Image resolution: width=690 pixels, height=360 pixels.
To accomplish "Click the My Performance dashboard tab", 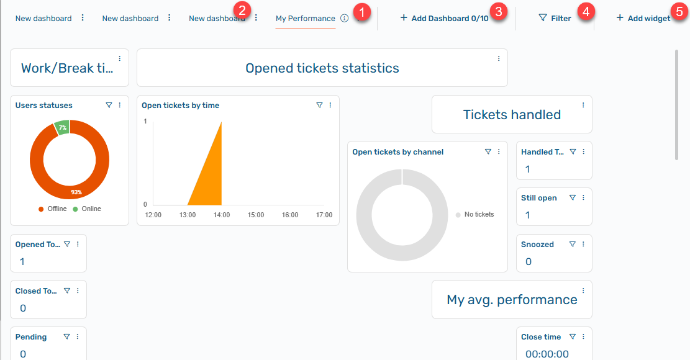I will pyautogui.click(x=305, y=19).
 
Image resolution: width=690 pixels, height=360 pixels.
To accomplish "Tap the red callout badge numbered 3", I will pyautogui.click(x=497, y=11).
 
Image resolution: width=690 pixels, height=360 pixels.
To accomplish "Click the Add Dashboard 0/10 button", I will pyautogui.click(x=445, y=19).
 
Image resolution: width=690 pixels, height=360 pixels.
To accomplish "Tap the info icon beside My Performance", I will pyautogui.click(x=344, y=19).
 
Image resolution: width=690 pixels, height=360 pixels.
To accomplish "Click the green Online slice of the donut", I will pyautogui.click(x=61, y=127).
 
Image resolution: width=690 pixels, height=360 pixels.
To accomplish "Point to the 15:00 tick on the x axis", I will pyautogui.click(x=256, y=215).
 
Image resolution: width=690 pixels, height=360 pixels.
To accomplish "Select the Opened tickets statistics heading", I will pyautogui.click(x=322, y=68).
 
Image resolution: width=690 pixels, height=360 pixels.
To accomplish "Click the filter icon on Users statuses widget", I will pyautogui.click(x=109, y=106).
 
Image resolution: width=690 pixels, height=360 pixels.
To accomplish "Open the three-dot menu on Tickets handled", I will pyautogui.click(x=583, y=105).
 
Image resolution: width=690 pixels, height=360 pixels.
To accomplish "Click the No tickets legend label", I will pyautogui.click(x=479, y=214).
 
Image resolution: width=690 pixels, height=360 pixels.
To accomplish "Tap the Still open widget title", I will pyautogui.click(x=538, y=198).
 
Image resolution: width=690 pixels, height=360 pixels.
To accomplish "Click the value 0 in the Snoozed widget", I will pyautogui.click(x=528, y=261).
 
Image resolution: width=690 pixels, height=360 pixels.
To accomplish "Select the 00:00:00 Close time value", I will pyautogui.click(x=547, y=354).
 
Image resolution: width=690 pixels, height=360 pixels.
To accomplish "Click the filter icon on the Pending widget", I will pyautogui.click(x=66, y=337).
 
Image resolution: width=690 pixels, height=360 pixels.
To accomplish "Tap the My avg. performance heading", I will pyautogui.click(x=512, y=300).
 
